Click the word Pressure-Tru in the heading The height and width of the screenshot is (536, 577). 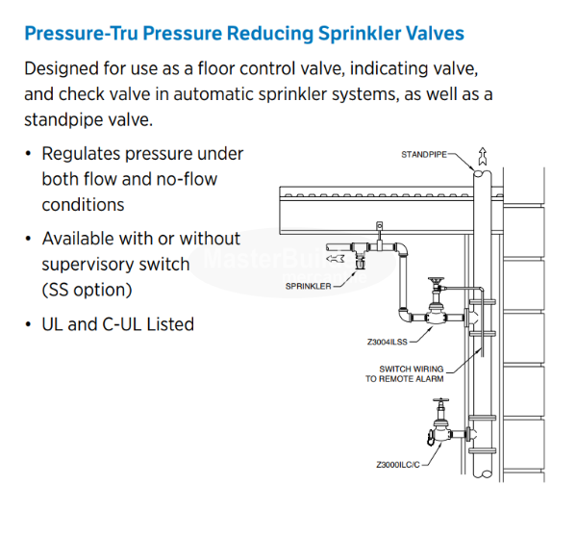(76, 34)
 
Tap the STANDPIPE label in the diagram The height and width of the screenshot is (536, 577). (424, 154)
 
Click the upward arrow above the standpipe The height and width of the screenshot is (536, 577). (483, 154)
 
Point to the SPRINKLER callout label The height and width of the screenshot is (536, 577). (309, 286)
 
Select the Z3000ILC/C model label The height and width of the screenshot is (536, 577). (399, 465)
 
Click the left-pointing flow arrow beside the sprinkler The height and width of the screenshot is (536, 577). (335, 258)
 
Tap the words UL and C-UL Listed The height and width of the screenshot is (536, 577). (117, 324)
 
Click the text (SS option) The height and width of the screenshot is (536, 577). (87, 289)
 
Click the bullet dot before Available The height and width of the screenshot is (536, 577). (28, 239)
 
